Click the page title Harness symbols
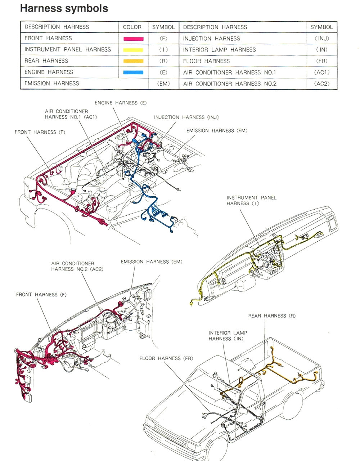tap(64, 8)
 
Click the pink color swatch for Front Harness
tap(133, 39)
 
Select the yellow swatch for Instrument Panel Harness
tap(133, 50)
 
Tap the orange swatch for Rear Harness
tap(133, 61)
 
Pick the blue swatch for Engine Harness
tap(133, 72)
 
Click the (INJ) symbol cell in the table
tap(321, 39)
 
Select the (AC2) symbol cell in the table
tap(321, 84)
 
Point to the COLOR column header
tap(132, 27)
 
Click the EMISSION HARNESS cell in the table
tap(51, 83)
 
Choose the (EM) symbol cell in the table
tap(163, 84)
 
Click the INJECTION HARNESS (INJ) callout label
tap(186, 117)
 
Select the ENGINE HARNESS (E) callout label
tap(121, 103)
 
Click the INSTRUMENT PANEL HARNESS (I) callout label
tap(251, 200)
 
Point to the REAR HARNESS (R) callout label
tap(272, 315)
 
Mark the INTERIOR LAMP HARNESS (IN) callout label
tap(228, 336)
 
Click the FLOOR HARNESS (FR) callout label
tap(166, 358)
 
